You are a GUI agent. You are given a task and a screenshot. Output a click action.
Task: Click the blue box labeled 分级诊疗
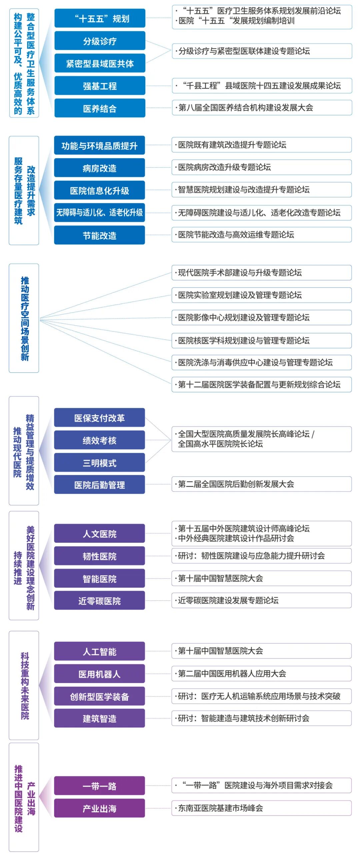point(100,41)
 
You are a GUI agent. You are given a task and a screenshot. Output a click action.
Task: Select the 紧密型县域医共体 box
point(100,63)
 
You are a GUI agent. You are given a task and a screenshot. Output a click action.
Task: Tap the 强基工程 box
point(100,86)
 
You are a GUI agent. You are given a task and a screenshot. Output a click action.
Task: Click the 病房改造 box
point(99,168)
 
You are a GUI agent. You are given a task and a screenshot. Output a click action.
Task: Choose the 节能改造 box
point(99,235)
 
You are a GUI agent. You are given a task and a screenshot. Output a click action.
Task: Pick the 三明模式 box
point(99,462)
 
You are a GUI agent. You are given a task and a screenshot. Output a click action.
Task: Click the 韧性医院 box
point(99,556)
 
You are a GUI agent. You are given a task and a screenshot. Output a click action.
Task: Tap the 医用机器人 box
point(99,674)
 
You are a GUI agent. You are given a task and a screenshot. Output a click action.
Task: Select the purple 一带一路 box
point(99,786)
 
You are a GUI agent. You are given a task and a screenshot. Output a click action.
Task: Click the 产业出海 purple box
point(99,808)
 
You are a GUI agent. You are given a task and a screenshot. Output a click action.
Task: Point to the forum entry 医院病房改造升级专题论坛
point(261,167)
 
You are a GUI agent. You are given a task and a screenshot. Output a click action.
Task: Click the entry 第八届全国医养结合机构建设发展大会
point(261,108)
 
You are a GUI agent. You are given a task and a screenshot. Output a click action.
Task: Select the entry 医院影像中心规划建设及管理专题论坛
point(261,318)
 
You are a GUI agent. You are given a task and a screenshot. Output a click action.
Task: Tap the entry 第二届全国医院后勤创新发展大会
point(261,484)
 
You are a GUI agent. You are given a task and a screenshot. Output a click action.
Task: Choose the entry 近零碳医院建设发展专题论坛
point(261,600)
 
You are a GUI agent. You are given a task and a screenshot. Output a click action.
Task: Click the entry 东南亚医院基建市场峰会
point(261,808)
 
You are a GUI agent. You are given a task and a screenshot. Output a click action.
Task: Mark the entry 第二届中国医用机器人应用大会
point(261,673)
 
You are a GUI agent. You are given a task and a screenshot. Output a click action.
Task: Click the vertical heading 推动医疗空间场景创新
point(24,318)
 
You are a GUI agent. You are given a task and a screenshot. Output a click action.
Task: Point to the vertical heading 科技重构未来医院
point(24,685)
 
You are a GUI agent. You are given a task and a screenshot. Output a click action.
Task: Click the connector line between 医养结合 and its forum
point(158,108)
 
